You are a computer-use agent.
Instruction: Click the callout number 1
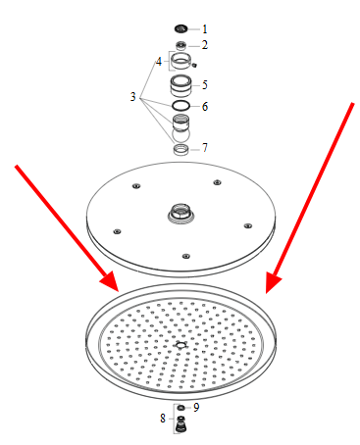pos(205,29)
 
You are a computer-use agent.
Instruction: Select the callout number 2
pos(205,45)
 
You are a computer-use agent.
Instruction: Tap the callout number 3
pos(132,97)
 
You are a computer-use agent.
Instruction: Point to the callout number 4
pos(159,61)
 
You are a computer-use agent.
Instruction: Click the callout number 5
pos(205,85)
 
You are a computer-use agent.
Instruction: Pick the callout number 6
pos(205,106)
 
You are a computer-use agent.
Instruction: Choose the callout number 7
pos(205,148)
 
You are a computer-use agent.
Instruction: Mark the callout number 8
pos(163,419)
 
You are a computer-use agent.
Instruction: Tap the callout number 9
pos(196,408)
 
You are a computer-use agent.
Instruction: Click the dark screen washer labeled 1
pos(180,29)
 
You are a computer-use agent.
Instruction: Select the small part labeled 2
pos(181,45)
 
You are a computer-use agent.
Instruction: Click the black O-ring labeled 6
pos(180,106)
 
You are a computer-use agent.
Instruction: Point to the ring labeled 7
pos(180,149)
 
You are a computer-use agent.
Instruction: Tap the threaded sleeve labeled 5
pos(180,85)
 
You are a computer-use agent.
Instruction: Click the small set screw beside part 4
pos(194,65)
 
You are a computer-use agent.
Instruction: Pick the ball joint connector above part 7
pos(180,127)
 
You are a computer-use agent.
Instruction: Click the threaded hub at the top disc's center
pos(181,214)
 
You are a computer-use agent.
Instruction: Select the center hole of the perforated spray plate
pos(180,345)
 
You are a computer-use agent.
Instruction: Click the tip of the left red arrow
pos(119,291)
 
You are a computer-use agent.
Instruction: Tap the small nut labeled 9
pos(180,408)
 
